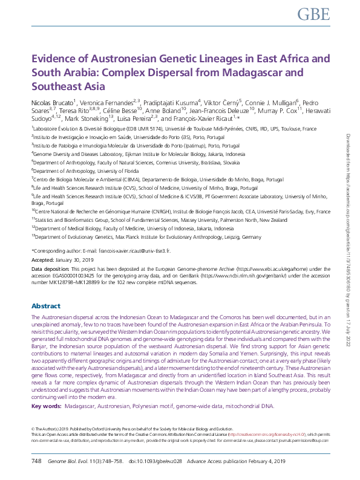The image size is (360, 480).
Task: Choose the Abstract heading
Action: pos(45,306)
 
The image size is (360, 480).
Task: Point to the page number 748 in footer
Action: pos(36,461)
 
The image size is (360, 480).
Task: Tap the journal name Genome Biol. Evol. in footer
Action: pos(68,461)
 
